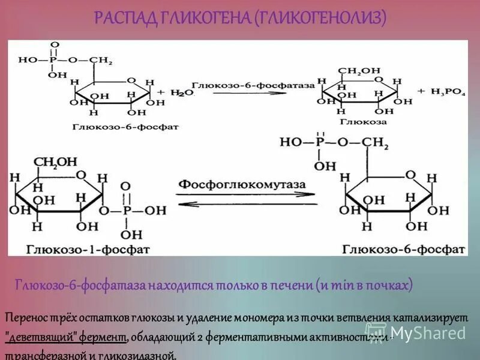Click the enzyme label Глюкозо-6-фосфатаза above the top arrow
[253, 86]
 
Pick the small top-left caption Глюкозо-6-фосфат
[125, 127]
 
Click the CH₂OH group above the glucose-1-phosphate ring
[56, 162]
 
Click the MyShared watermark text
[429, 333]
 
